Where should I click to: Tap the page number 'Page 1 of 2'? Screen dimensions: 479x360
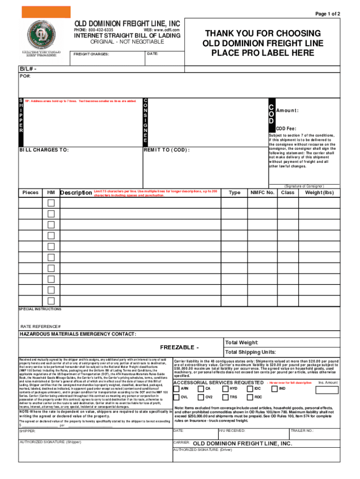pos(327,14)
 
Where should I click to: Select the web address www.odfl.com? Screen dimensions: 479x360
pos(161,30)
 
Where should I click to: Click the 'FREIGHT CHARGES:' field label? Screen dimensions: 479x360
pos(92,54)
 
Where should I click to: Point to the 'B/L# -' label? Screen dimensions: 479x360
pos(28,69)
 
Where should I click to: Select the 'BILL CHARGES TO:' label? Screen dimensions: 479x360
pos(44,150)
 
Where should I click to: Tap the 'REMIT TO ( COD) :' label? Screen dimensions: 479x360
pos(167,150)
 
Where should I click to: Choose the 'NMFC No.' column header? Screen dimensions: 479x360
pos(262,192)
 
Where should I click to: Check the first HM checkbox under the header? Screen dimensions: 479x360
pos(51,203)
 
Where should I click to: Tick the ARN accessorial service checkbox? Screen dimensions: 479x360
pos(177,388)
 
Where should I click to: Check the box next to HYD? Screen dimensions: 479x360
pos(225,388)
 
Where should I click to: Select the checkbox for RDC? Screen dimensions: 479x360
pos(250,397)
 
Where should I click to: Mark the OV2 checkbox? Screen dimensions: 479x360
pos(201,397)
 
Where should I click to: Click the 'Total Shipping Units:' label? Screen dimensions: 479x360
pos(250,352)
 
